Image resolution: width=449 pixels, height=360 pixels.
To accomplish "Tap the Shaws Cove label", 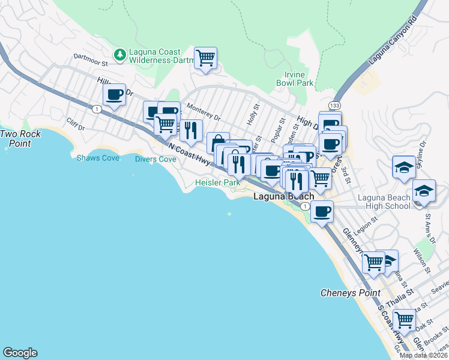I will click(x=98, y=158).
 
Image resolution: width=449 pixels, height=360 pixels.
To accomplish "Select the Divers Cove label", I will click(x=155, y=159).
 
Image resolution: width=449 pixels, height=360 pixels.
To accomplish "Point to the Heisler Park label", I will click(x=217, y=182).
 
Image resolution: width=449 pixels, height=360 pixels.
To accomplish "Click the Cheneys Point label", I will click(x=351, y=293).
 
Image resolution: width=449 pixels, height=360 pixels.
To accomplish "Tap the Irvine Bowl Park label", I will click(x=298, y=79).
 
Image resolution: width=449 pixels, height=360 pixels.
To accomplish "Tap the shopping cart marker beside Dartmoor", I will click(x=206, y=58).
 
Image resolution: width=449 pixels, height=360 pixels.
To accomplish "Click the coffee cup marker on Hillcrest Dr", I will click(x=114, y=94).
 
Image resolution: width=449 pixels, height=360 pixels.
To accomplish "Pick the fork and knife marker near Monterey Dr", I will click(x=191, y=130).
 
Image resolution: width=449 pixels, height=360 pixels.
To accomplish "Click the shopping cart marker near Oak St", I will click(x=404, y=320).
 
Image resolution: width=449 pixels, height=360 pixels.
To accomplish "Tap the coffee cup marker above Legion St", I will click(x=322, y=212).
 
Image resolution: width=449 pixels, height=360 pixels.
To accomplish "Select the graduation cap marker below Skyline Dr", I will click(x=404, y=167).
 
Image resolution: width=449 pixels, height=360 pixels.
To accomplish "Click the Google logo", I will click(x=20, y=353).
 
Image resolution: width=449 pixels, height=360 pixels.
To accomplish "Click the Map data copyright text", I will click(x=423, y=355).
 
